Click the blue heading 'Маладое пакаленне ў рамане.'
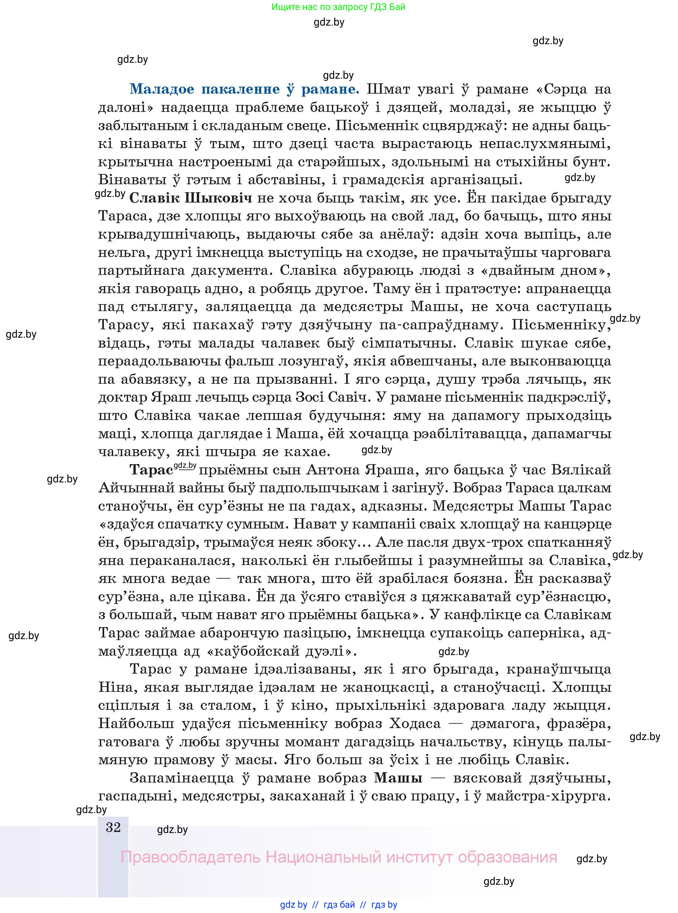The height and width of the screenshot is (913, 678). click(x=245, y=89)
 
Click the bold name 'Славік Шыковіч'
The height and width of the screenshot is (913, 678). click(x=190, y=198)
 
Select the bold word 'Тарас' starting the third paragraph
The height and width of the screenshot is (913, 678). click(x=151, y=470)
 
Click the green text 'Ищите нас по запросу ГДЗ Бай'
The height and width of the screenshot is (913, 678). click(x=338, y=7)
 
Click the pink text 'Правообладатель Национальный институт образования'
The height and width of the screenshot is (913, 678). click(x=339, y=857)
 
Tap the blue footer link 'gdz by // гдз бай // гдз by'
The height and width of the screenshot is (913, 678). click(x=339, y=904)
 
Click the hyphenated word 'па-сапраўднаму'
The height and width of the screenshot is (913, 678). click(x=440, y=325)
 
